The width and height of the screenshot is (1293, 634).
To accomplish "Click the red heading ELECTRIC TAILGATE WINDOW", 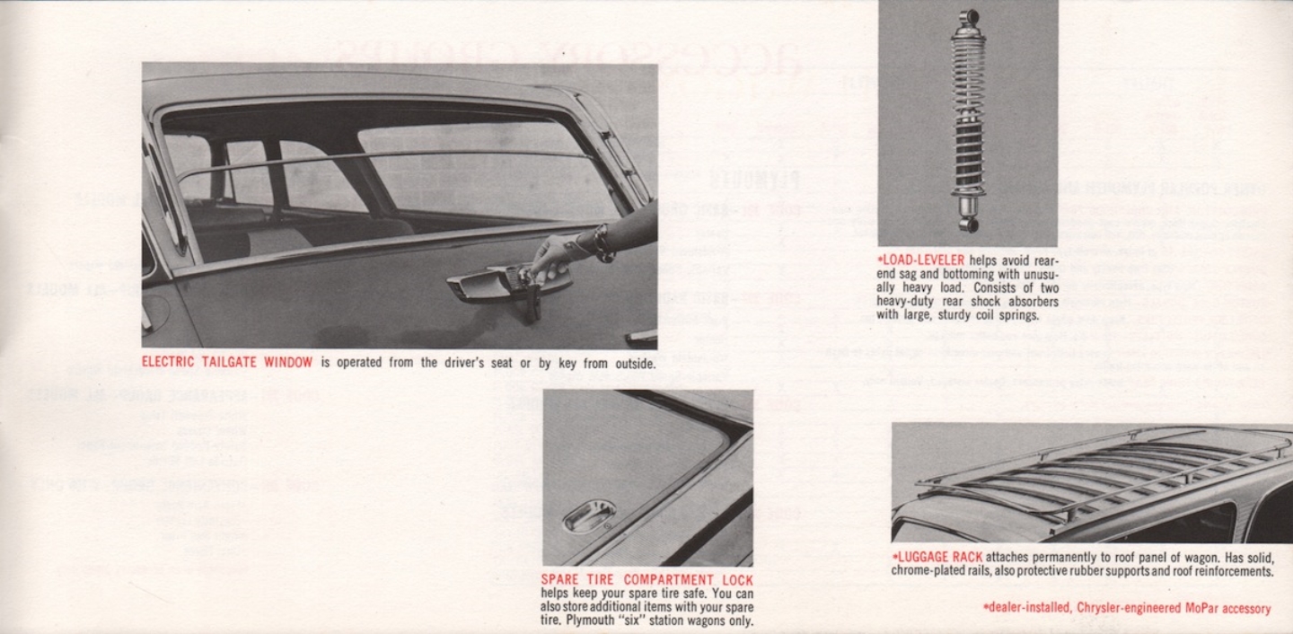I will (x=227, y=363).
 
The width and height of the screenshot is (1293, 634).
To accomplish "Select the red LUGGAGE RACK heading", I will (x=932, y=557).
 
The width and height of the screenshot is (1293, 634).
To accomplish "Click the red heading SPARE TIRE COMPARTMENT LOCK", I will (x=646, y=580).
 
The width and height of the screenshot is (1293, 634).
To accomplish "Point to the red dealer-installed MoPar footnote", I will (x=1127, y=608).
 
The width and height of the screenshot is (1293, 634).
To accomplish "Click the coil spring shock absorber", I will (x=968, y=121).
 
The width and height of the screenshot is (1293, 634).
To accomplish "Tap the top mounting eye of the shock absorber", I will (x=969, y=19).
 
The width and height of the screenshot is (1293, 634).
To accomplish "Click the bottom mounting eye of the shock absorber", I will (x=967, y=223).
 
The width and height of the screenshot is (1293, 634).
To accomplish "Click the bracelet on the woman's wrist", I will (x=601, y=242).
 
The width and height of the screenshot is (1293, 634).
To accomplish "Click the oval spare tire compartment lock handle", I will (x=589, y=516).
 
